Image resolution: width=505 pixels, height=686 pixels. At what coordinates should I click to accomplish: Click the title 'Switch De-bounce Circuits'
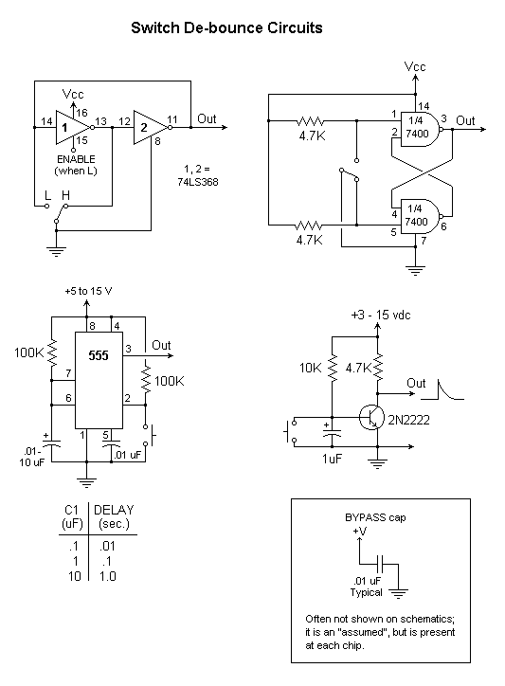point(226,28)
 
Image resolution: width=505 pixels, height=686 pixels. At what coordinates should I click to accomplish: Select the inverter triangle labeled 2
point(149,127)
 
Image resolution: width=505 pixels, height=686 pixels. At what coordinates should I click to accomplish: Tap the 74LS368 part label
point(198,182)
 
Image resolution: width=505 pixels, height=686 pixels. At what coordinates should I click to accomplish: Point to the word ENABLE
point(76,159)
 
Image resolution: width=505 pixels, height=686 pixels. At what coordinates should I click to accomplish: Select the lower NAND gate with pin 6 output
point(419,216)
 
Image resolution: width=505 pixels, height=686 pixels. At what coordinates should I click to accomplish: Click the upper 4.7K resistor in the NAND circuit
point(310,120)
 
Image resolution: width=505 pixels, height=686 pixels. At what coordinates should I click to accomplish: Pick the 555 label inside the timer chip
point(99,355)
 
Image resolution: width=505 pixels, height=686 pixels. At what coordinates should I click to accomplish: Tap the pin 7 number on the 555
point(68,373)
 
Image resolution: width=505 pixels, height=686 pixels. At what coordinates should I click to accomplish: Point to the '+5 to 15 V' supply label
point(88,291)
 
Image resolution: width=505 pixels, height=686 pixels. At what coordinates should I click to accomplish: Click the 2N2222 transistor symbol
point(371,417)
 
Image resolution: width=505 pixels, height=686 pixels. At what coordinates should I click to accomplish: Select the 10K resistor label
point(310,368)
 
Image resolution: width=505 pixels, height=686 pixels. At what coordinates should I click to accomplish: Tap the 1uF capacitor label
point(333,459)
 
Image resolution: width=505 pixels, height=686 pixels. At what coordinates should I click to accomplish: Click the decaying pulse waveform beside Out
point(442,390)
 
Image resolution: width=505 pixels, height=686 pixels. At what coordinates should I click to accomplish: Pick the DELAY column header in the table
point(114,510)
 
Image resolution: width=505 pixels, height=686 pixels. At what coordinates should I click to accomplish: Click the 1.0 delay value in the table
point(107,576)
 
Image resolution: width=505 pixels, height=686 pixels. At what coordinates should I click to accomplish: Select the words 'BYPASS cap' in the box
point(375,517)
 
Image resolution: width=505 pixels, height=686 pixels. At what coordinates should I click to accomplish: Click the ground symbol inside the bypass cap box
point(398,594)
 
